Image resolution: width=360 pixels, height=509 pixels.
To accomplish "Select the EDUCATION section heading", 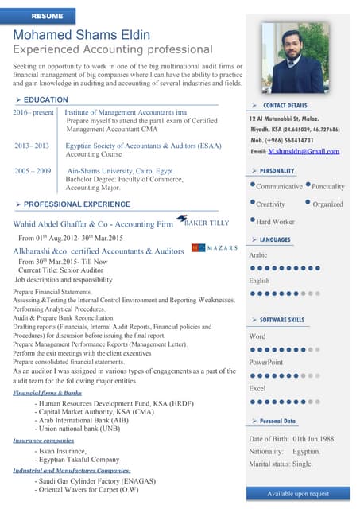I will click(x=45, y=99).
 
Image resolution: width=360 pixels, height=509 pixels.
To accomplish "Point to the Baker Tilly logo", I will click(x=202, y=223).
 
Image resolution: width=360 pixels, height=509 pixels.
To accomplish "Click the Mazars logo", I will click(x=215, y=248).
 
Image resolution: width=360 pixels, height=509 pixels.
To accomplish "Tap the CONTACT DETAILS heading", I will click(x=285, y=105).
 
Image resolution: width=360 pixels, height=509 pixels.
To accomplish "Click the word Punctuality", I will click(x=328, y=186).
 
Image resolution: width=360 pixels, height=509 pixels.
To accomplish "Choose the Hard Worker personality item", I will click(x=275, y=222).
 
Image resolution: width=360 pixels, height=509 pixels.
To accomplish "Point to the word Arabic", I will click(x=258, y=255).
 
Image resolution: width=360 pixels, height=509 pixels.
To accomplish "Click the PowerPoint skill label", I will click(x=266, y=363).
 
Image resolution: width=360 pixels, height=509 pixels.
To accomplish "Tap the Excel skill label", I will click(x=257, y=388).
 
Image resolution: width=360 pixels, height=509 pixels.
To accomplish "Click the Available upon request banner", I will click(x=298, y=494).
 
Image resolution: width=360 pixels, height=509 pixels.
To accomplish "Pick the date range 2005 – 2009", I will click(x=33, y=171).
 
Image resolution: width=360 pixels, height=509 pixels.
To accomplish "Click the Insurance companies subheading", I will click(x=43, y=440).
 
